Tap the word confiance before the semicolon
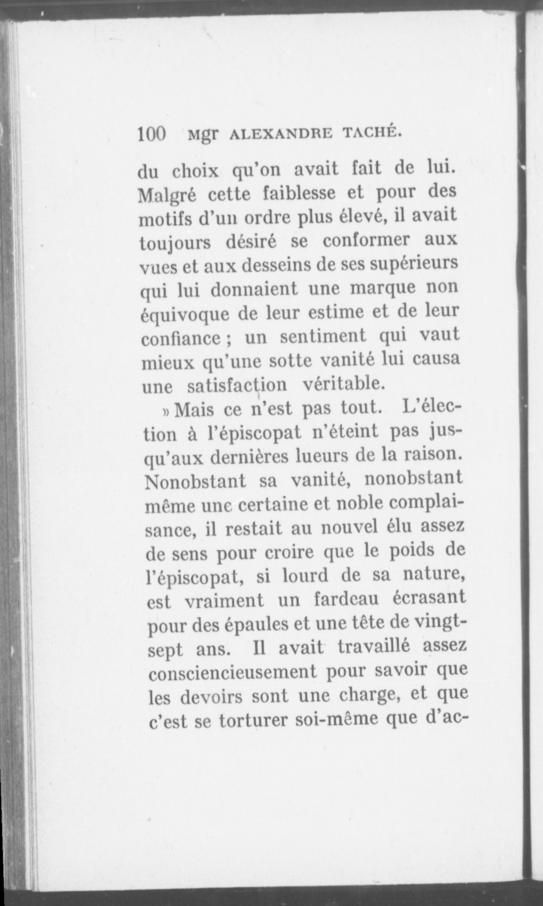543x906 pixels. click(180, 339)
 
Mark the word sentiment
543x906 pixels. click(323, 336)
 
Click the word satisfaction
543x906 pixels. click(237, 385)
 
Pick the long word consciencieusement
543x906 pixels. click(233, 672)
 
